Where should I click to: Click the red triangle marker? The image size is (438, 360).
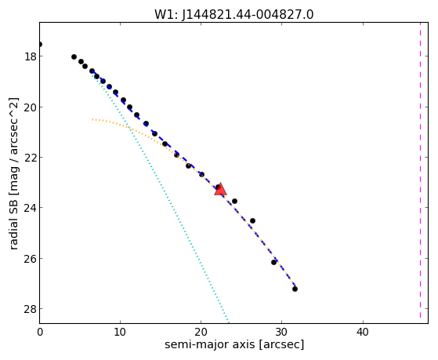pos(220,189)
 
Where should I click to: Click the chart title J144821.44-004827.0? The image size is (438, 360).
pos(248,15)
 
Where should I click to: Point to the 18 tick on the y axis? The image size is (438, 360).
pos(30,56)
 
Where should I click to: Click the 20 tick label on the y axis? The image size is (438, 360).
pos(30,107)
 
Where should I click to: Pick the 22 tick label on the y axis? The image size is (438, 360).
pos(30,158)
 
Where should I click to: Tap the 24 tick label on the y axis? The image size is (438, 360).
pos(30,208)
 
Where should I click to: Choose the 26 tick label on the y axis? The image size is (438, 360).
pos(30,259)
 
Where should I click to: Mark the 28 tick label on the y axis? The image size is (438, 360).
pos(30,309)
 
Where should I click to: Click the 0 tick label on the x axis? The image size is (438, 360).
pos(40,332)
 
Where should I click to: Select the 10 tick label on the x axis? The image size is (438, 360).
pos(120,332)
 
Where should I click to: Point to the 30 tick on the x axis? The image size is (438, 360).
pos(281,332)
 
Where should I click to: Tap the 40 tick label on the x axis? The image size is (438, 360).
pos(363,332)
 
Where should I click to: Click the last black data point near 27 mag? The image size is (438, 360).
pos(295,289)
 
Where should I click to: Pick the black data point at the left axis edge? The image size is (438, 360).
pos(40,44)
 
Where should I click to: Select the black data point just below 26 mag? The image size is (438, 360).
pos(273,263)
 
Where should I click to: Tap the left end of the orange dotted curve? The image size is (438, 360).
pos(92,119)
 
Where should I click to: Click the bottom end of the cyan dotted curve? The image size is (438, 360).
pos(229,322)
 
